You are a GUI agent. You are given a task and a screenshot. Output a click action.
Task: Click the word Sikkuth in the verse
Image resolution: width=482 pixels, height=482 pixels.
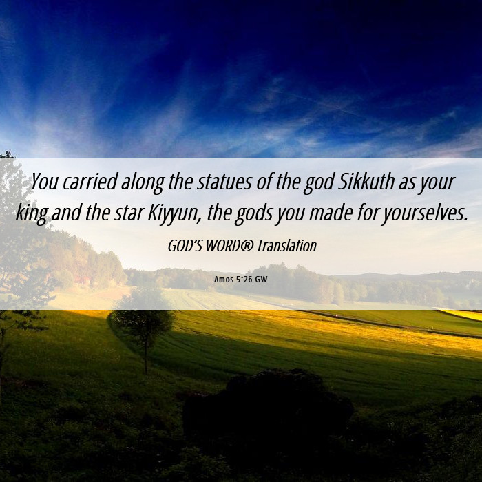(x=366, y=181)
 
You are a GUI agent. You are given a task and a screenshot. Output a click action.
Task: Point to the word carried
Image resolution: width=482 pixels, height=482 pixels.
(x=90, y=181)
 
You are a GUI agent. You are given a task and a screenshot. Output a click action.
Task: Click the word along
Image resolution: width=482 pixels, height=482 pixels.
(x=143, y=182)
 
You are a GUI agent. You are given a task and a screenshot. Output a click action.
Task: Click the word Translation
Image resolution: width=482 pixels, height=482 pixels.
(x=287, y=246)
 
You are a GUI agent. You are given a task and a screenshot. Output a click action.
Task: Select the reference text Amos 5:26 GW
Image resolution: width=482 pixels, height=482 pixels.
(x=241, y=280)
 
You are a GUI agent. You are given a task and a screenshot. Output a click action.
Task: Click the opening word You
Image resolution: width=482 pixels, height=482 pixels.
(x=45, y=181)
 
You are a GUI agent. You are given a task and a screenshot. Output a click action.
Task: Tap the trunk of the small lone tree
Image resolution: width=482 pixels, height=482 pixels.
(x=146, y=357)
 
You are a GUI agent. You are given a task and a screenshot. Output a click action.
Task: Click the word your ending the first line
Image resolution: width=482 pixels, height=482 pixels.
(x=437, y=182)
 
